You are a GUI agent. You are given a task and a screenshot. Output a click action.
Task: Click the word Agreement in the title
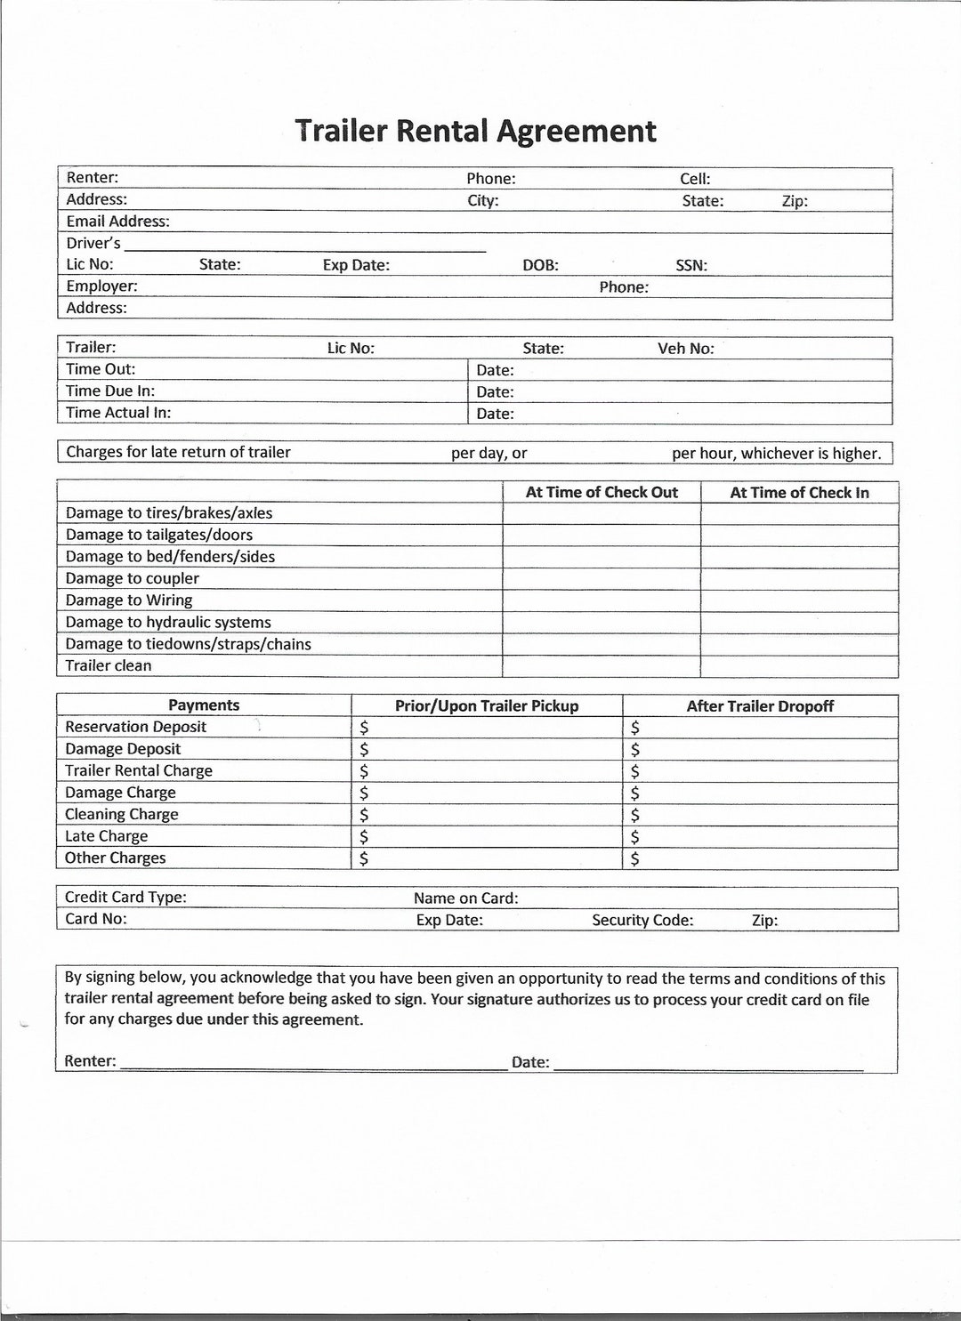tap(576, 131)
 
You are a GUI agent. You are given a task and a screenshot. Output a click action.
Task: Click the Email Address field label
tap(117, 222)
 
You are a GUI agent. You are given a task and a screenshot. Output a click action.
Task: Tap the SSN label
tap(691, 265)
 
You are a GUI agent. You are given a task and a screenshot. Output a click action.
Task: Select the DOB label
tap(540, 265)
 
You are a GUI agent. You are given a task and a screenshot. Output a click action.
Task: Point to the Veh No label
tap(685, 349)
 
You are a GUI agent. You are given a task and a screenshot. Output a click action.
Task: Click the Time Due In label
tap(109, 391)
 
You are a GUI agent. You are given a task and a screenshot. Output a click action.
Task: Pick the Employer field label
tap(101, 286)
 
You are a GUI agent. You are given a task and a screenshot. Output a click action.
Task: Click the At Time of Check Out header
tap(602, 493)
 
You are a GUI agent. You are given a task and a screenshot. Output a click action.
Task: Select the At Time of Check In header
tap(799, 493)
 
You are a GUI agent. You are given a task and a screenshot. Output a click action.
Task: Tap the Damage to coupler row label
tap(132, 578)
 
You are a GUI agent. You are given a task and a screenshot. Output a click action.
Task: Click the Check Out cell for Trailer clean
tap(602, 666)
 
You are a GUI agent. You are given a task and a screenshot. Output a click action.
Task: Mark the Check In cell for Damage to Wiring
tap(799, 600)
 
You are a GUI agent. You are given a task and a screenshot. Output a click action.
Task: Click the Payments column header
tap(204, 705)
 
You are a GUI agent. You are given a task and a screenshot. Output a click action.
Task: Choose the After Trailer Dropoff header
tap(760, 706)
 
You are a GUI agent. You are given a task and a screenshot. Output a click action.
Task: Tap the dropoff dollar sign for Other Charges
tap(634, 859)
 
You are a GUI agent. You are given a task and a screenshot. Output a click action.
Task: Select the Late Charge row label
tap(106, 836)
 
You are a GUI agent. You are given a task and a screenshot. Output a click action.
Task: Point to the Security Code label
tap(642, 920)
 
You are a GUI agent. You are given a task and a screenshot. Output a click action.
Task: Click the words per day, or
tap(489, 453)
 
